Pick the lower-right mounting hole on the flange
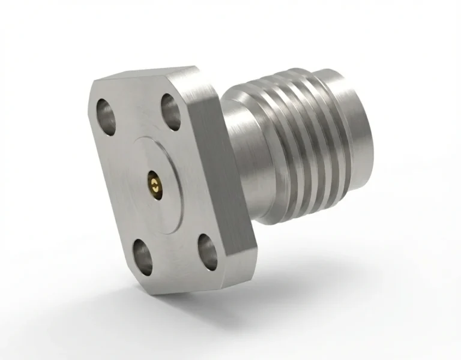pos(208,249)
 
